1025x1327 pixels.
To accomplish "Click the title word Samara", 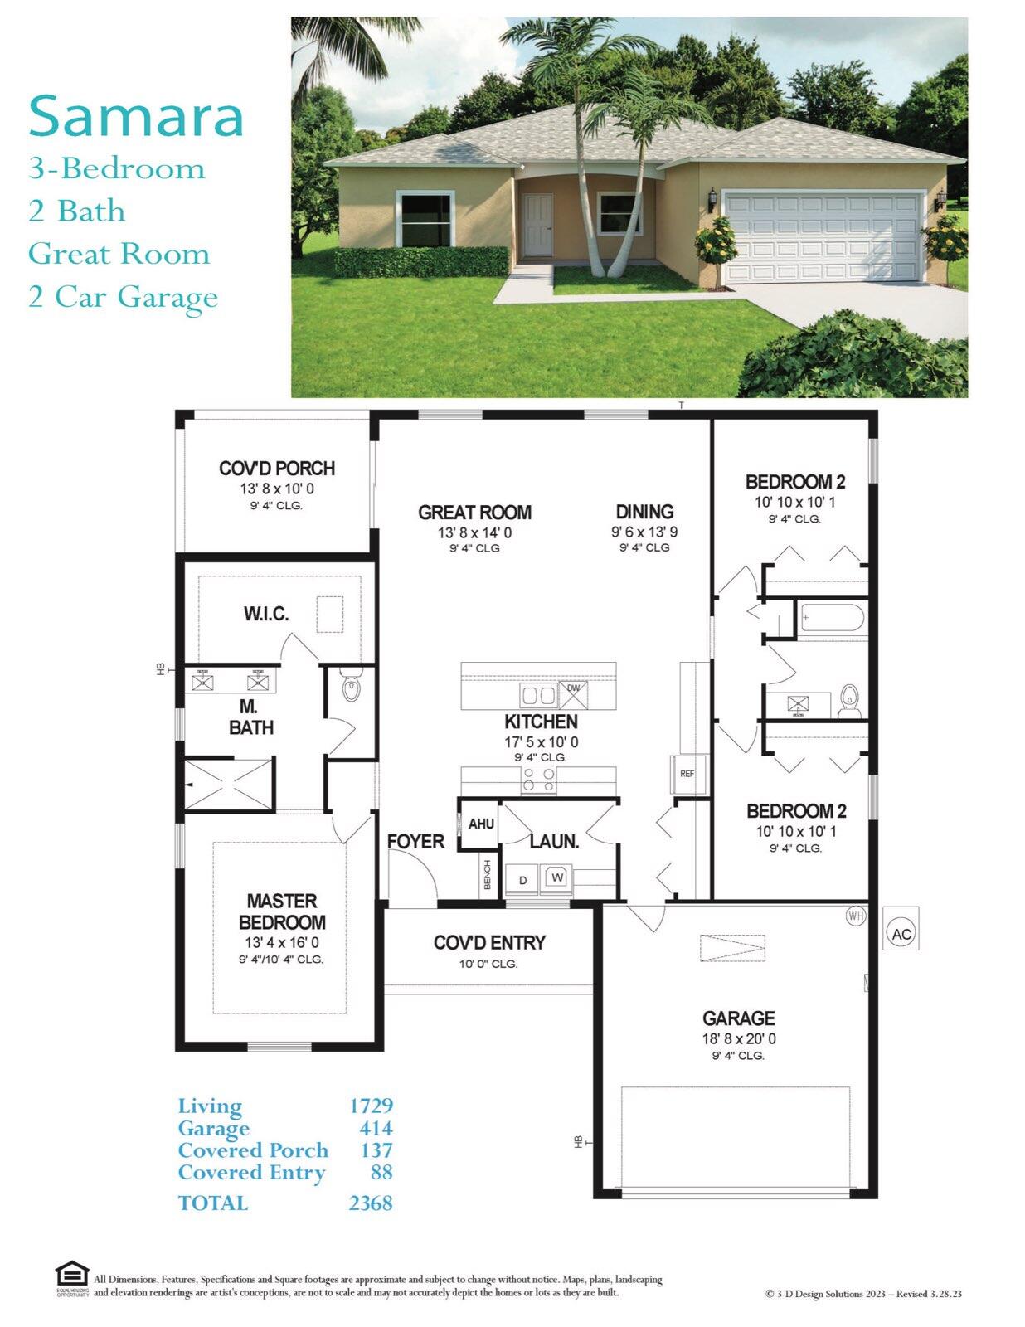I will (x=136, y=116).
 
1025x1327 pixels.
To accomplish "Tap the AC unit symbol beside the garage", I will (x=901, y=933).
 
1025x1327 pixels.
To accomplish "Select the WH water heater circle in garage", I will (x=855, y=916).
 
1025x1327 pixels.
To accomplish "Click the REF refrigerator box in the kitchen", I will (x=687, y=774).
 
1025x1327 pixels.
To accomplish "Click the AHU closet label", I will (x=481, y=824).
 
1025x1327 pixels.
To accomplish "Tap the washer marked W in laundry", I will (x=557, y=877).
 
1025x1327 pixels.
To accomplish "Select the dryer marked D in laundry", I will (x=522, y=880).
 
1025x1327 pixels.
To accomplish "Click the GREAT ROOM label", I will (x=474, y=513).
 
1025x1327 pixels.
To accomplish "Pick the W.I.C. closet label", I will (x=266, y=614).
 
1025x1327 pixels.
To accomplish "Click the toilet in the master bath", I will (x=352, y=687).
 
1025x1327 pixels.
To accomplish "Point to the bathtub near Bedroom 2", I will (x=833, y=619).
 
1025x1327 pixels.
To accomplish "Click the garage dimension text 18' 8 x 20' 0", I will (x=739, y=1038).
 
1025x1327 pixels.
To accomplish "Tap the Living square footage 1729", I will (x=371, y=1106).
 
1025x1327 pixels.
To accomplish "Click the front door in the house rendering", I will (x=538, y=225).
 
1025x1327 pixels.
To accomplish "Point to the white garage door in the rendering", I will (x=823, y=237).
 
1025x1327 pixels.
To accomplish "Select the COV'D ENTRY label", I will (x=489, y=943).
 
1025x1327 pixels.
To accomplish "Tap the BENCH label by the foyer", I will (x=488, y=875).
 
